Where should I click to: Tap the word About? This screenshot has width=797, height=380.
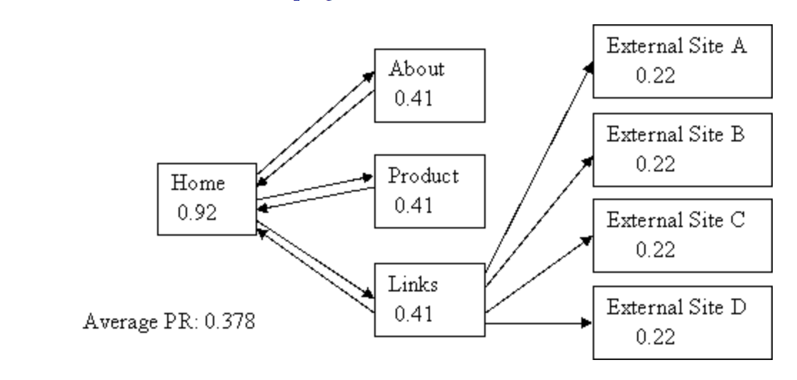[x=416, y=69]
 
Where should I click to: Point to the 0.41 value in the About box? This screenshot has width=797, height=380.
[x=414, y=96]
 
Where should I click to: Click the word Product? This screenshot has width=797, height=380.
[x=423, y=176]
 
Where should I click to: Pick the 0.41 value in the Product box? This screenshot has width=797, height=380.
[x=414, y=204]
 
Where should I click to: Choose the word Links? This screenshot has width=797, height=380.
[x=413, y=284]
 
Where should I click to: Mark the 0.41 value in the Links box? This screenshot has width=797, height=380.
[x=414, y=311]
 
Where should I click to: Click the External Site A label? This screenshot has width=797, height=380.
[x=676, y=46]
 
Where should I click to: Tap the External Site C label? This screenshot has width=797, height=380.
[x=676, y=220]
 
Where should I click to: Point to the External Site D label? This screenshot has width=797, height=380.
[x=676, y=307]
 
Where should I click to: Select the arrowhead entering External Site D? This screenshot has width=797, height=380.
[x=586, y=323]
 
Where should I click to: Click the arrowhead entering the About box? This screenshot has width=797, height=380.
[x=369, y=75]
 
